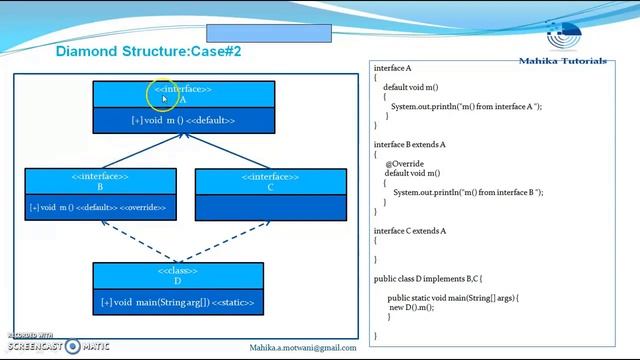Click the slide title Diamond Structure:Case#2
click(148, 51)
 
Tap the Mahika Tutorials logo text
click(562, 61)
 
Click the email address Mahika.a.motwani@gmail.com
click(303, 347)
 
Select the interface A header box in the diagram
click(183, 94)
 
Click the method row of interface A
click(183, 120)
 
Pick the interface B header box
click(100, 181)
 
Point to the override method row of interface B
click(100, 207)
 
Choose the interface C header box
click(270, 181)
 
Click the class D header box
click(178, 276)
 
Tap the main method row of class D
click(178, 302)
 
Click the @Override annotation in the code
click(404, 163)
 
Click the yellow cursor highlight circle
click(164, 96)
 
